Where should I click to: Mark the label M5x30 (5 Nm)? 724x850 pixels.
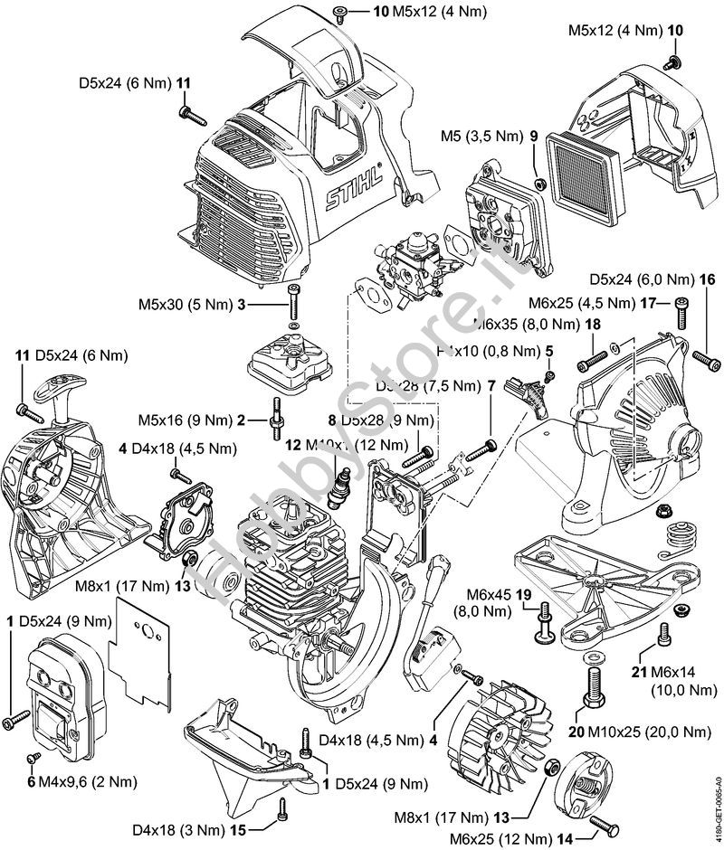tap(186, 305)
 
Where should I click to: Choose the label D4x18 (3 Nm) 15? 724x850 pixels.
tap(191, 826)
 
